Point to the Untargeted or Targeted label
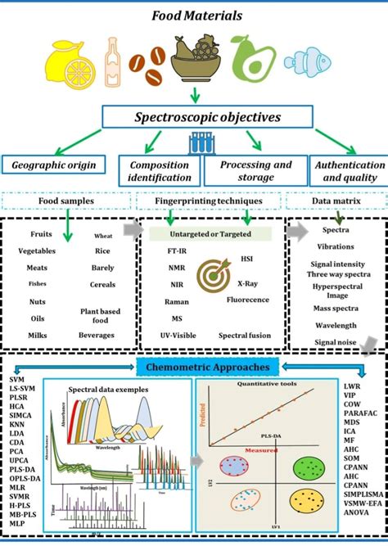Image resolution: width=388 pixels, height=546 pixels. coord(211,234)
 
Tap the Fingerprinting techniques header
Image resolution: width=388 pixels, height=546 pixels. coord(212,200)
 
